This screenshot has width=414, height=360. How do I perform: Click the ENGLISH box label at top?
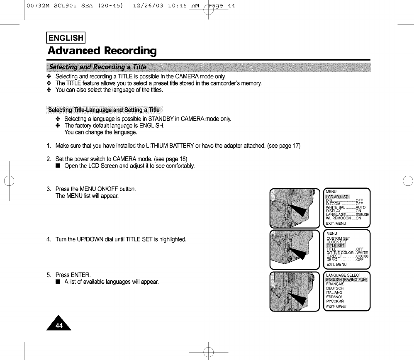(x=66, y=38)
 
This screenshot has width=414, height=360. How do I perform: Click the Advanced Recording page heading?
(x=102, y=51)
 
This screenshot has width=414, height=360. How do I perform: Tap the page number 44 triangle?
(x=59, y=324)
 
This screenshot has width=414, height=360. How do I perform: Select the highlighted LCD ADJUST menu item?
(x=337, y=197)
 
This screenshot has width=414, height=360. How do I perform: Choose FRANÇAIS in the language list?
(x=335, y=284)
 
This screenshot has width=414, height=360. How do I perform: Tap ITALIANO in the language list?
(x=334, y=292)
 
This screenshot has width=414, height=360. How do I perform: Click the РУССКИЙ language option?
(x=335, y=302)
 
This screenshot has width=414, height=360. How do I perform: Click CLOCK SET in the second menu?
(x=336, y=242)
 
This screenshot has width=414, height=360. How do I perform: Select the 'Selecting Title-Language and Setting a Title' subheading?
(x=104, y=110)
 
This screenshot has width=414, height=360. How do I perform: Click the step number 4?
(x=49, y=240)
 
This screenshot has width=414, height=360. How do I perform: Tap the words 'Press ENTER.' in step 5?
(x=73, y=275)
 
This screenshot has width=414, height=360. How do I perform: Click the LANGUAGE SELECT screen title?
(x=343, y=275)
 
